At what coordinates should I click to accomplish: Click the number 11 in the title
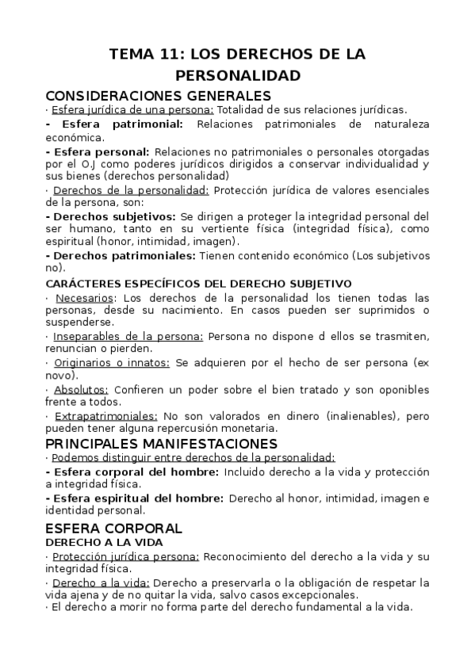click(x=172, y=55)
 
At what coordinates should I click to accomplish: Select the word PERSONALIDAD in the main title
click(x=237, y=76)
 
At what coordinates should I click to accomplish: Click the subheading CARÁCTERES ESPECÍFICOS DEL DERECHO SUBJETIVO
click(x=198, y=283)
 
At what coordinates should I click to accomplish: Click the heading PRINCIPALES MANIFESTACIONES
click(x=162, y=442)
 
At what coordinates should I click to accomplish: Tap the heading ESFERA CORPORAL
click(x=114, y=527)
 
